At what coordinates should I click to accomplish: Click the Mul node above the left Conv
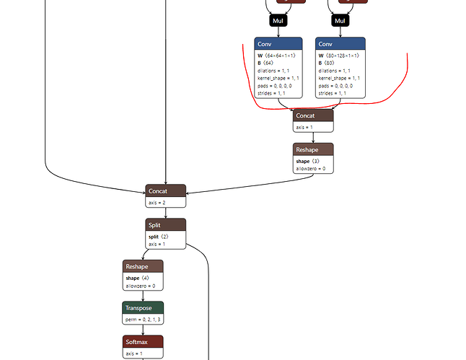point(278,21)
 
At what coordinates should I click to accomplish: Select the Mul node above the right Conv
point(340,21)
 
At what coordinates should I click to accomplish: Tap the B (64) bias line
point(265,63)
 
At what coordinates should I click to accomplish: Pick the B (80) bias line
point(327,63)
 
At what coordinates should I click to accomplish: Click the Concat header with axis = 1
point(313,115)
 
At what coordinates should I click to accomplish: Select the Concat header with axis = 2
point(165,191)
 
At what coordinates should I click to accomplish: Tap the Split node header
point(165,225)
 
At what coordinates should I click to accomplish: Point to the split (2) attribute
point(159,237)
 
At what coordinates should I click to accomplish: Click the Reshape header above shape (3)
point(313,149)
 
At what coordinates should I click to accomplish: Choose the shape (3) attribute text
point(308,161)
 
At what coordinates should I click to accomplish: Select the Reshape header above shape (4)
point(143,266)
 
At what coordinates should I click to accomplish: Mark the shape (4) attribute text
point(138,278)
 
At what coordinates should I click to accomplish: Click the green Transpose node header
point(143,307)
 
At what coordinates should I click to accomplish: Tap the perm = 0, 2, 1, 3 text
point(143,319)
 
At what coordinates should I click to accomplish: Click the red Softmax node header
point(143,341)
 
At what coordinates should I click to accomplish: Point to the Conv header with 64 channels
point(278,43)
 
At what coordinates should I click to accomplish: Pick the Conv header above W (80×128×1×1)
point(340,43)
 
